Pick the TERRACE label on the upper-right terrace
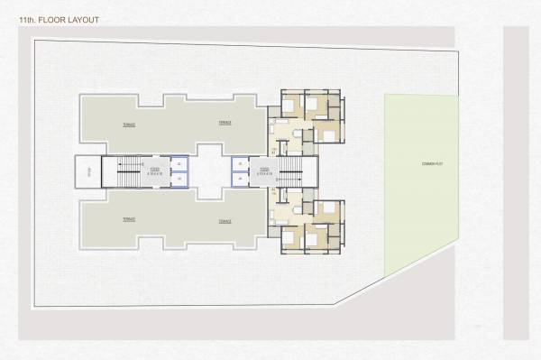pyautogui.click(x=225, y=123)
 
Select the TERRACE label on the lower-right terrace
pyautogui.click(x=225, y=219)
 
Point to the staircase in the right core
pyautogui.click(x=292, y=170)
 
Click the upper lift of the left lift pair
pyautogui.click(x=179, y=163)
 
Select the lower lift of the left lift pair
pyautogui.click(x=179, y=178)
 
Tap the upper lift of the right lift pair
pyautogui.click(x=239, y=163)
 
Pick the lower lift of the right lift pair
pyautogui.click(x=239, y=178)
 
